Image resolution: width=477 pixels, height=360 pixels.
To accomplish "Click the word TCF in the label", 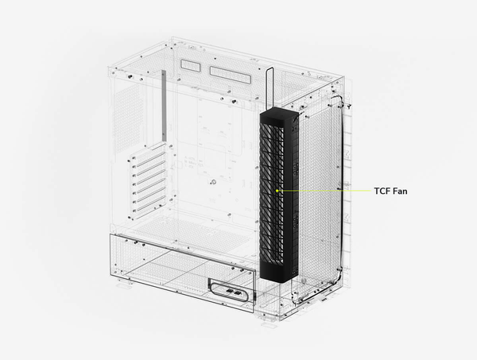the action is click(382, 192).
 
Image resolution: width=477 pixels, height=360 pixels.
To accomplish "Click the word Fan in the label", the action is click(400, 192).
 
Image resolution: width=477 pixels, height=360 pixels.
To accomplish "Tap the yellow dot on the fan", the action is click(277, 191).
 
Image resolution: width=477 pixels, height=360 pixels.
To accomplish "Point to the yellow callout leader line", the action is click(324, 191).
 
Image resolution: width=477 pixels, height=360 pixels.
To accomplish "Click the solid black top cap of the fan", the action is click(278, 116).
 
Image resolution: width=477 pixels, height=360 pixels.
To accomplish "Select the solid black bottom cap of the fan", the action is click(278, 271).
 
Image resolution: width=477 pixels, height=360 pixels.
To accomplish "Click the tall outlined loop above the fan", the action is click(270, 88).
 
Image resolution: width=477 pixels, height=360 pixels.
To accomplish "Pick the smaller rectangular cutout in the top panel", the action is click(191, 65).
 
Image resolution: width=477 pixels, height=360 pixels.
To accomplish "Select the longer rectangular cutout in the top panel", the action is click(231, 75).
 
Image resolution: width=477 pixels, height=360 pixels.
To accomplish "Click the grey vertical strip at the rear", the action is click(164, 106).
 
